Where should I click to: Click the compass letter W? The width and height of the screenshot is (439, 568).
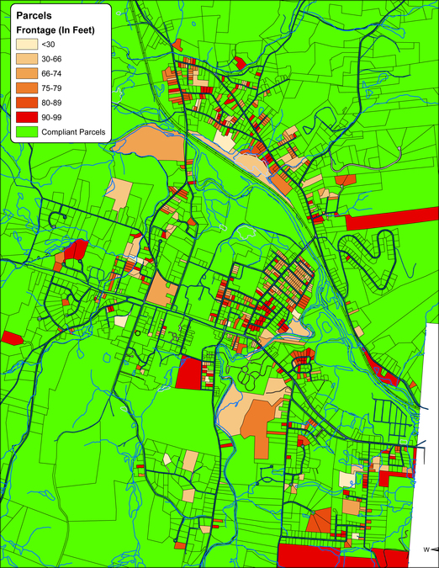(x=426, y=551)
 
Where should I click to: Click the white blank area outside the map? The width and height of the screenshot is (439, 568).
(x=432, y=421)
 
